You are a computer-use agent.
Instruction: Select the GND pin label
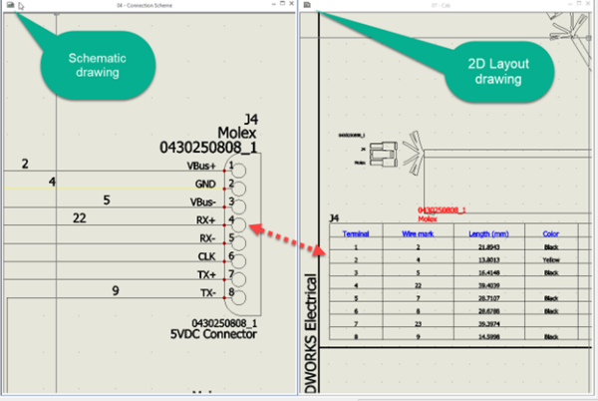pos(205,185)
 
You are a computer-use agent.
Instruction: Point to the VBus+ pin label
pos(201,166)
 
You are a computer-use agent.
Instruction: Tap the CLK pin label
pos(206,256)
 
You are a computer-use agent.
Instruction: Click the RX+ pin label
pos(205,220)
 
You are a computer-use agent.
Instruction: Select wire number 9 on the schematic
pos(116,290)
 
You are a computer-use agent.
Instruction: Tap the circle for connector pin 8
pos(239,294)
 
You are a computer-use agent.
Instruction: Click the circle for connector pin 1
pos(239,168)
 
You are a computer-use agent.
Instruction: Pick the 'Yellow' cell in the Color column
pos(550,258)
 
